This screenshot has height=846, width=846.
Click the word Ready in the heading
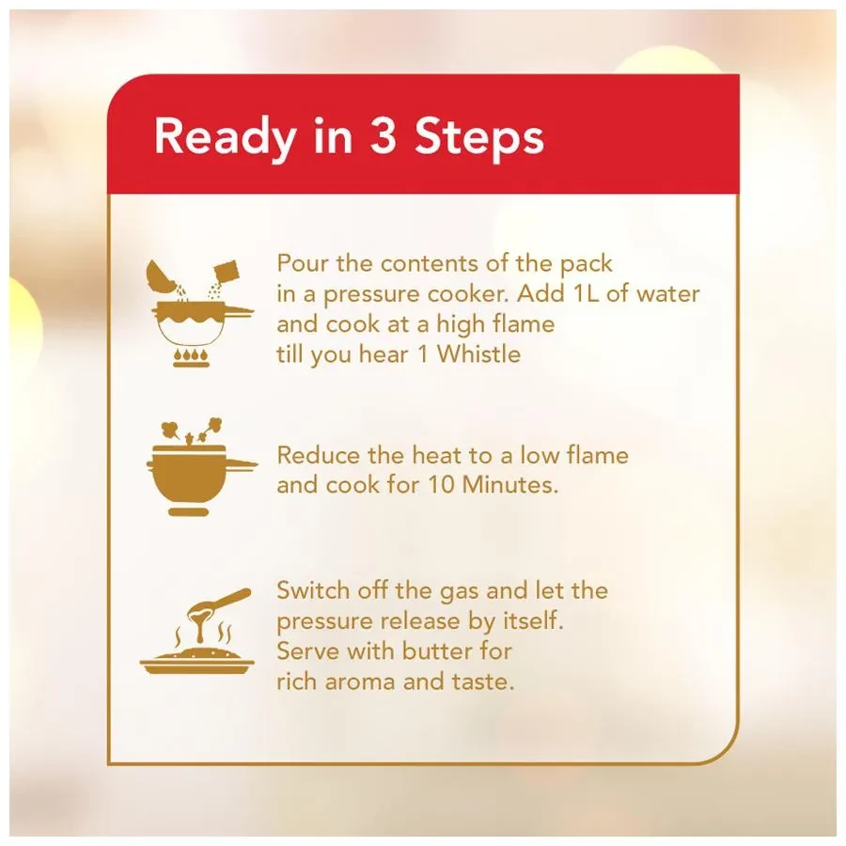pos(225,138)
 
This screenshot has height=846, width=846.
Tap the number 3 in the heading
pos(384,136)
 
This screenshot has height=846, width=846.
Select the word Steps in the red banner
pos(479,138)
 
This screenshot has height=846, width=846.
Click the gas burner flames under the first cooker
pos(192,358)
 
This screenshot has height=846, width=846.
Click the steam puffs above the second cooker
pos(192,431)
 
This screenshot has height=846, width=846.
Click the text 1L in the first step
pos(587,294)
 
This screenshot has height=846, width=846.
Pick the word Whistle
pos(478,354)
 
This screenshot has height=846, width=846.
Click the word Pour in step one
pos(303,264)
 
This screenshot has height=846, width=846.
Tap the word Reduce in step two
pos(319,455)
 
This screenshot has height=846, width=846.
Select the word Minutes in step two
pos(509,485)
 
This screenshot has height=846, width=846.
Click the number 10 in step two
pos(442,485)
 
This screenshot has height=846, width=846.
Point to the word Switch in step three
pos(313,591)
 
